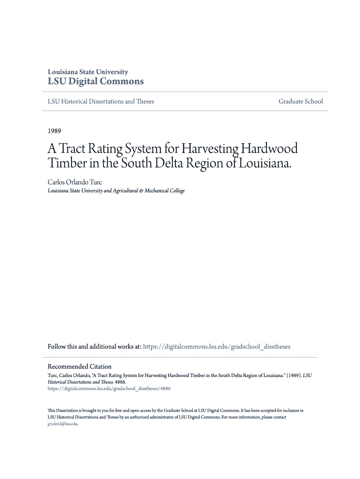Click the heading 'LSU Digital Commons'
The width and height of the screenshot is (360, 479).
[x=96, y=81]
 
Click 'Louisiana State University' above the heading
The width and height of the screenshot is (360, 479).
[x=88, y=72]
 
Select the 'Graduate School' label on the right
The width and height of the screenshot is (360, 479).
[x=301, y=102]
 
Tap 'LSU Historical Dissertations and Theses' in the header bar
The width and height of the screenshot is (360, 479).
[x=101, y=102]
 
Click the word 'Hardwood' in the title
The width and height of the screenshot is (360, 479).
[x=269, y=149]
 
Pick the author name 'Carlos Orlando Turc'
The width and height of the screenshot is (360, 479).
[x=75, y=182]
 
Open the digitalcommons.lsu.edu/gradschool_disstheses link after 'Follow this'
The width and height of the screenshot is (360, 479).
[x=216, y=347]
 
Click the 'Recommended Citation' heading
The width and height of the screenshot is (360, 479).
[x=80, y=366]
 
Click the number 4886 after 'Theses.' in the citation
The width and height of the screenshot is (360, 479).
[x=120, y=382]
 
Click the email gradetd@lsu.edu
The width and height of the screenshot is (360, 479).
[x=63, y=424]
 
